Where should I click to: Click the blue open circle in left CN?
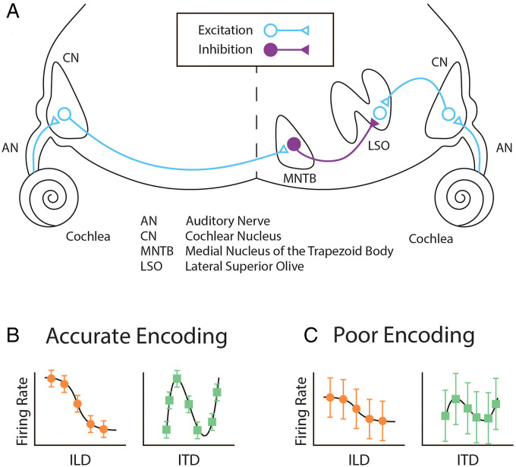[64, 115]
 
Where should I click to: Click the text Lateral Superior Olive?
[240, 266]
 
